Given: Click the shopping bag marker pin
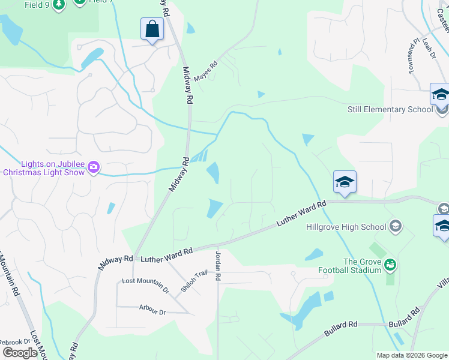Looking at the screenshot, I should click(x=152, y=29).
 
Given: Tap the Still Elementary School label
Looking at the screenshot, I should click(x=390, y=109).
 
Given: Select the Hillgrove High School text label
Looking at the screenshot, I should click(x=346, y=227).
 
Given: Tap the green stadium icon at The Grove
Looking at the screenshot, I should click(x=390, y=264).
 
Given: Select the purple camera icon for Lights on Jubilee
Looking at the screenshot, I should click(x=93, y=167).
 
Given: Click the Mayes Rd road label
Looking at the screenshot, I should click(x=205, y=71).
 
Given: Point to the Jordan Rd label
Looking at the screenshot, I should click(x=218, y=266).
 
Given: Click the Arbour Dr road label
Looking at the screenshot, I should click(x=151, y=310).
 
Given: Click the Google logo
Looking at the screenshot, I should click(x=20, y=353).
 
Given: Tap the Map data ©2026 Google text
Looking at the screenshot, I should click(x=411, y=355).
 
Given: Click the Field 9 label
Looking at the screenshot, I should click(x=38, y=5).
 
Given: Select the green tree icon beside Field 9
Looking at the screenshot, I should click(x=58, y=5).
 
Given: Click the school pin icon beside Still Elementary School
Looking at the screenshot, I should click(x=440, y=95).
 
